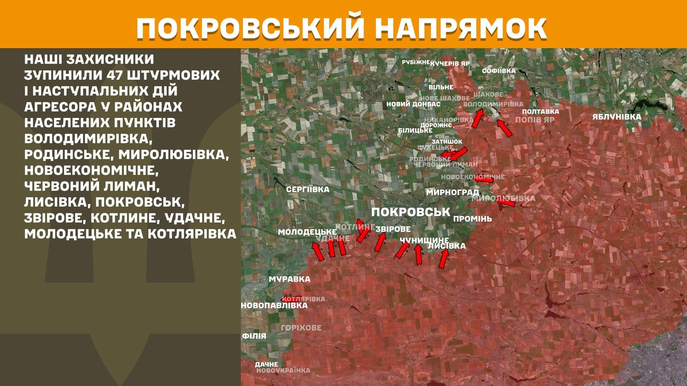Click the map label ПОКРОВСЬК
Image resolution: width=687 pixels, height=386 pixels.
coord(410,212)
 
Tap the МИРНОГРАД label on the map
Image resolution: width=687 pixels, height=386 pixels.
coord(452,192)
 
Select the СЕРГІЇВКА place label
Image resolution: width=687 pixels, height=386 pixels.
coord(307,189)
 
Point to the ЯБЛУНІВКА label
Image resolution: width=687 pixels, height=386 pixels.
coord(617,117)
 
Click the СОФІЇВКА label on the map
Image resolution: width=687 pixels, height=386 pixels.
coord(498,71)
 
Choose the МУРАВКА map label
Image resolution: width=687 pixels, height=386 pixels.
coord(289,279)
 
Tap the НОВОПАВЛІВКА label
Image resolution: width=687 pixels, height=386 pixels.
coord(274,306)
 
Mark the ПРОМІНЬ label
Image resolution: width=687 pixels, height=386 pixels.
coord(472,219)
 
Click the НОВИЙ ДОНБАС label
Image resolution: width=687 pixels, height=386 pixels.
coord(413,104)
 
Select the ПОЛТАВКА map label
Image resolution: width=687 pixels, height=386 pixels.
coord(540,112)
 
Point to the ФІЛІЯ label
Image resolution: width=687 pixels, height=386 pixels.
coord(254,336)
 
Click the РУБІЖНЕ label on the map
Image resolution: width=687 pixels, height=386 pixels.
coord(415,63)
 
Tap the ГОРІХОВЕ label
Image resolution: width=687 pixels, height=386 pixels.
coord(301,328)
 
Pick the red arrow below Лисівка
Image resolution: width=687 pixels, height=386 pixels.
coord(444,258)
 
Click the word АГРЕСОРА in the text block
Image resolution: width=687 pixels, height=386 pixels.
coord(60,107)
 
